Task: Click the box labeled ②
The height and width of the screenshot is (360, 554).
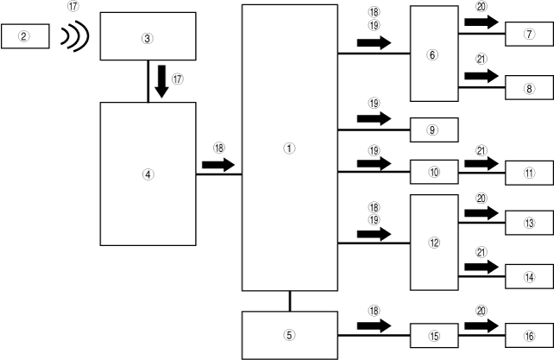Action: [x=25, y=36]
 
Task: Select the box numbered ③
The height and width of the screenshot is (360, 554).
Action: [x=148, y=38]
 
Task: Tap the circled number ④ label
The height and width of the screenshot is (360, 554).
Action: [x=148, y=174]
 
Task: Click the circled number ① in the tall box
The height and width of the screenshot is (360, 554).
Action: [x=290, y=148]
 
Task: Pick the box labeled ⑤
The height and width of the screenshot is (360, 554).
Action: [x=289, y=334]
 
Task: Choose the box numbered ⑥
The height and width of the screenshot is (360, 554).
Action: [x=433, y=53]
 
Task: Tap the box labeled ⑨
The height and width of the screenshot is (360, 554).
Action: [x=433, y=129]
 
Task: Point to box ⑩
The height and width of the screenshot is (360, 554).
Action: [x=433, y=172]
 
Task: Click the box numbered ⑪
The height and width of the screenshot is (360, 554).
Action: [x=528, y=172]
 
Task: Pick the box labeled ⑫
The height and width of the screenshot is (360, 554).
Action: [x=433, y=243]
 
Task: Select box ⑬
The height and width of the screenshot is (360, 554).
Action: [x=528, y=222]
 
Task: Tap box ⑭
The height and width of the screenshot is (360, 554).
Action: [x=528, y=276]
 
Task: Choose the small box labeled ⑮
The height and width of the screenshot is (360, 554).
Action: [x=433, y=335]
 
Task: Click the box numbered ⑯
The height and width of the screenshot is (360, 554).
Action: [x=528, y=335]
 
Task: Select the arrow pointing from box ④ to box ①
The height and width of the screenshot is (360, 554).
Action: [x=218, y=163]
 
